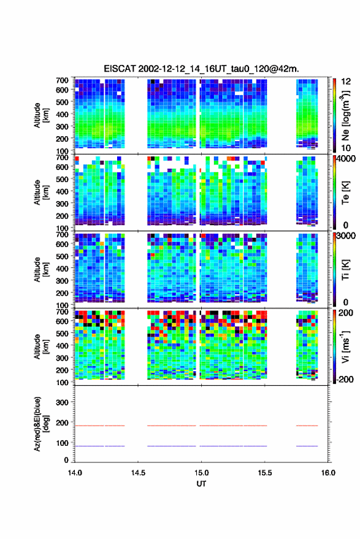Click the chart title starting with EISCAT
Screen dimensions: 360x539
[x=202, y=69]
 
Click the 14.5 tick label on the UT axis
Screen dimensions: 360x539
[x=138, y=473]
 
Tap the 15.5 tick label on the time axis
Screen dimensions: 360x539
[x=265, y=473]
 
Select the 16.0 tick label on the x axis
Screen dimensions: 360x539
[x=328, y=473]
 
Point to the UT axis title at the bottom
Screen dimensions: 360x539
[x=201, y=484]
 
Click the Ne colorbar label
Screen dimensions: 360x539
[x=345, y=115]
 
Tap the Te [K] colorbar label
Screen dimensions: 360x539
[x=345, y=193]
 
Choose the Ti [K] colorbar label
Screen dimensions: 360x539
[x=345, y=270]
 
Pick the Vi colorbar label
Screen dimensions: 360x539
[x=345, y=346]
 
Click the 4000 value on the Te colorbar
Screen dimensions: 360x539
[x=346, y=159]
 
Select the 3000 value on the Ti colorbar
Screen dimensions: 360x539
[x=346, y=236]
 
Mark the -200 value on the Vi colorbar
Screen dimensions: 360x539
[x=345, y=379]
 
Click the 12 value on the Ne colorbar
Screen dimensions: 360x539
[x=346, y=82]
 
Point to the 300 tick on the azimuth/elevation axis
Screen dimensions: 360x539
[x=62, y=402]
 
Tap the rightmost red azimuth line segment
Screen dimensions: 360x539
[x=307, y=426]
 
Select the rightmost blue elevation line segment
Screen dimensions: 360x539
[x=307, y=446]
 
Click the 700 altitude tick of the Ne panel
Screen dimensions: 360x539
[x=62, y=80]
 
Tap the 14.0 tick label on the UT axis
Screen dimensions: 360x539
[x=75, y=473]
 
